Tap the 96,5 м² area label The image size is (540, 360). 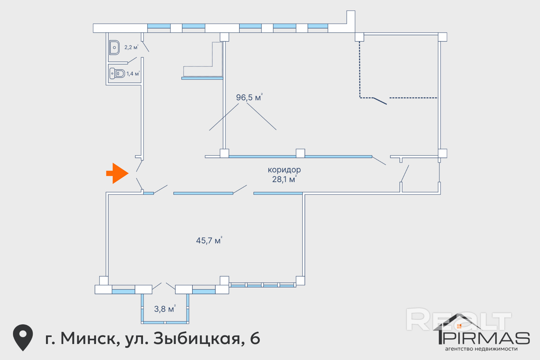click(249, 97)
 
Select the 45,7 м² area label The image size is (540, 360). click(209, 240)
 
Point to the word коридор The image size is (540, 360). click(284, 170)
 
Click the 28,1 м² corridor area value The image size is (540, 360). click(284, 179)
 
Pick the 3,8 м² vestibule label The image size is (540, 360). click(165, 309)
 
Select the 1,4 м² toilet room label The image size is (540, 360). click(133, 74)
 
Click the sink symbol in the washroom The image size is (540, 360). click(114, 48)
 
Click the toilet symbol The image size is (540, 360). click(117, 73)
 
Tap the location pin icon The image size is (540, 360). click(23, 337)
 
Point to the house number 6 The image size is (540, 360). click(255, 338)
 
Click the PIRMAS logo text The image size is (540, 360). click(487, 338)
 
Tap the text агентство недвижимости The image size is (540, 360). click(481, 349)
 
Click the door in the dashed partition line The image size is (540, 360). click(380, 101)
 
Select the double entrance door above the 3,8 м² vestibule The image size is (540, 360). click(164, 286)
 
